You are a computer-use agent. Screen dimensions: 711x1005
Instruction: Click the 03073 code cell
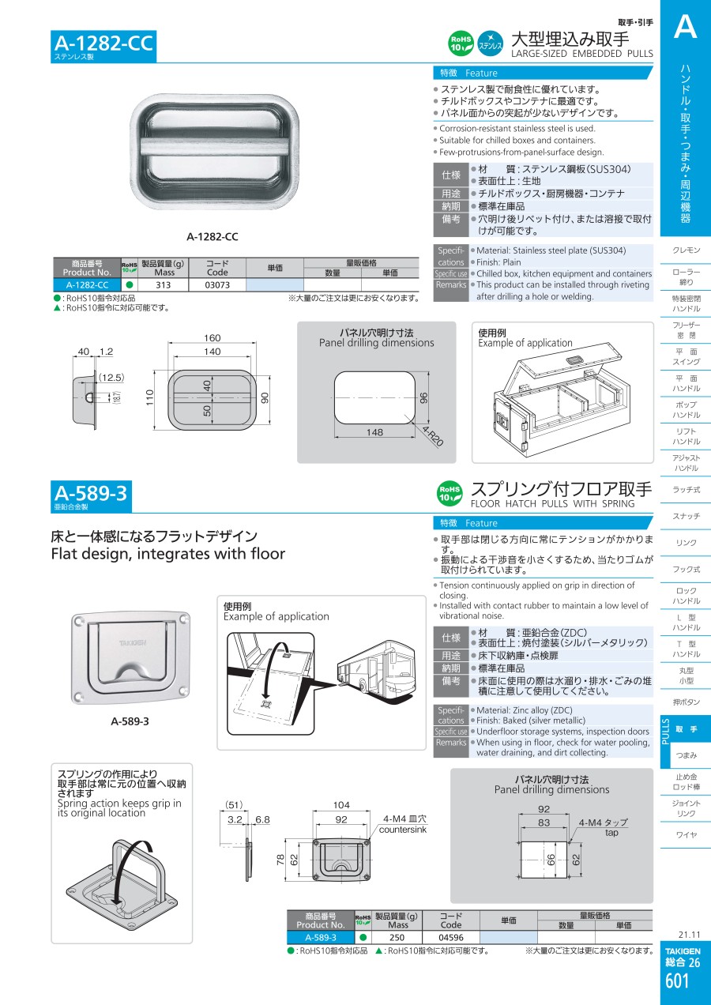pyautogui.click(x=217, y=285)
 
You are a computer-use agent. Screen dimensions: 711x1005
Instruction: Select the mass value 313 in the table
pyautogui.click(x=164, y=285)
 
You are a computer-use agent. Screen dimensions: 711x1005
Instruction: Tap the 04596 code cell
pyautogui.click(x=451, y=937)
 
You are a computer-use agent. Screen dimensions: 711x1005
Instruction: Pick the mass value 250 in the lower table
pyautogui.click(x=397, y=937)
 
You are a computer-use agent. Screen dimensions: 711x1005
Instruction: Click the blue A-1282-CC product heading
pyautogui.click(x=103, y=43)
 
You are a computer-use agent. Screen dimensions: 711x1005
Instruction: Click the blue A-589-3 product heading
pyautogui.click(x=91, y=494)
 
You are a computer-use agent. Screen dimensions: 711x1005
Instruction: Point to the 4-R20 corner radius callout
pyautogui.click(x=432, y=435)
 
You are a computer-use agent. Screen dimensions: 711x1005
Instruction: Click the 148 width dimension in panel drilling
pyautogui.click(x=374, y=432)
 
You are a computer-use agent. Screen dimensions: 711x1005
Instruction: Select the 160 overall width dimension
pyautogui.click(x=213, y=338)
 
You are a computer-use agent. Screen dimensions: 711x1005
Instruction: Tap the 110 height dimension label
pyautogui.click(x=150, y=397)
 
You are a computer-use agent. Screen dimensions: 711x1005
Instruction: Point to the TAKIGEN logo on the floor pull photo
pyautogui.click(x=133, y=643)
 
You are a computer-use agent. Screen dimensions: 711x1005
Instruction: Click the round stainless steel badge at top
pyautogui.click(x=490, y=43)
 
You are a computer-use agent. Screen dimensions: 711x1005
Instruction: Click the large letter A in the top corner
pyautogui.click(x=685, y=26)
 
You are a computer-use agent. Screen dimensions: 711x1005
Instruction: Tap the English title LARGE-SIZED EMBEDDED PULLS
pyautogui.click(x=582, y=54)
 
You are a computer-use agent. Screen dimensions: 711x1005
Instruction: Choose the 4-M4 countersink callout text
pyautogui.click(x=403, y=824)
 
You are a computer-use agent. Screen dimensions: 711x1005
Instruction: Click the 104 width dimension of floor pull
pyautogui.click(x=341, y=805)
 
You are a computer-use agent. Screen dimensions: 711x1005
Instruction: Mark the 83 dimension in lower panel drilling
pyautogui.click(x=544, y=822)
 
